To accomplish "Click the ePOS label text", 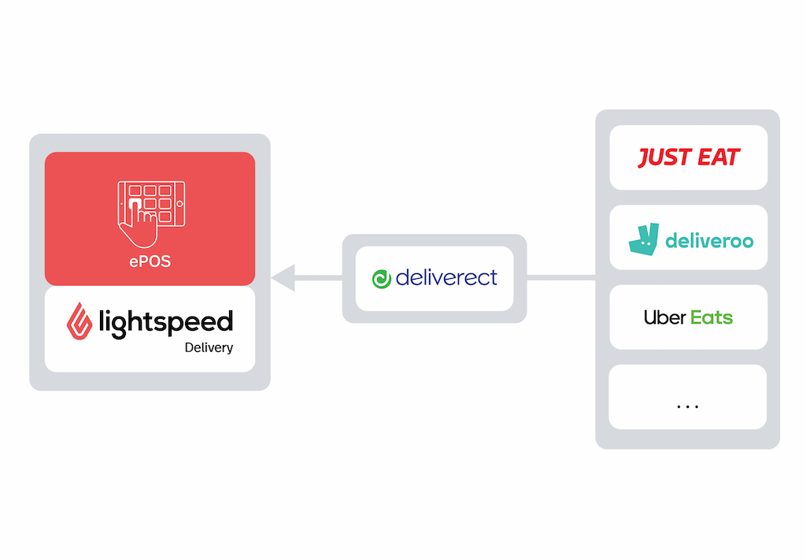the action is click(x=150, y=261).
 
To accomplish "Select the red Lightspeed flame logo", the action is click(x=79, y=321).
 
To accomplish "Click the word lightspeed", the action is click(x=166, y=323).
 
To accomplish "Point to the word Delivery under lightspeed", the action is click(x=209, y=348).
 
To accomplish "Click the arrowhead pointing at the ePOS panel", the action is click(x=283, y=278).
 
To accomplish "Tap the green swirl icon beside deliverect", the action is click(x=382, y=280).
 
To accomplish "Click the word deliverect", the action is click(x=446, y=278).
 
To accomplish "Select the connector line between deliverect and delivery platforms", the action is click(x=560, y=278).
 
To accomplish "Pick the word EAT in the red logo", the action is click(x=718, y=158).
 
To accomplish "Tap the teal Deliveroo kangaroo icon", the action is click(x=644, y=239).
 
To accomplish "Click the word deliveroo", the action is click(x=709, y=240).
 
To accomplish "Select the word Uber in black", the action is click(x=664, y=317).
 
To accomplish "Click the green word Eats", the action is click(x=712, y=317).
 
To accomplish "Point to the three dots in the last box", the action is click(x=688, y=406).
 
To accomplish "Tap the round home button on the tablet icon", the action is click(x=180, y=204).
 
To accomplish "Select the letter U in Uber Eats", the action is click(x=650, y=317).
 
